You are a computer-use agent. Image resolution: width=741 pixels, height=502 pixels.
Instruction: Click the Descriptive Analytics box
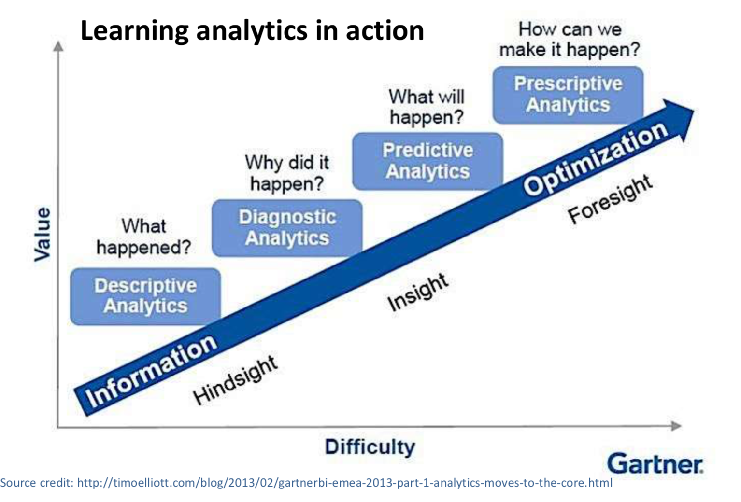click(x=145, y=296)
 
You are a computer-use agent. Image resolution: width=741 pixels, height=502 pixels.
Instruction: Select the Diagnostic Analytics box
click(x=287, y=228)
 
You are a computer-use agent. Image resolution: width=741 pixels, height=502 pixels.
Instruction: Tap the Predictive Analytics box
click(x=427, y=161)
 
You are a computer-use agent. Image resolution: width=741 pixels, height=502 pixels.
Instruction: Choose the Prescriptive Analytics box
click(x=568, y=95)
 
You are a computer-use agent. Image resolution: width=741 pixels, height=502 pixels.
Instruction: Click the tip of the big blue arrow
click(x=694, y=111)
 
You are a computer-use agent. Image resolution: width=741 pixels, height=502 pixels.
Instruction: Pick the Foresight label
click(x=610, y=199)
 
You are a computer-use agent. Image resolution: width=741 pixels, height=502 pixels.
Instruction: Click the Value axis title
click(x=43, y=234)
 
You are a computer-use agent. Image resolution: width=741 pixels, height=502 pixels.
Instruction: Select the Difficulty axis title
click(x=370, y=447)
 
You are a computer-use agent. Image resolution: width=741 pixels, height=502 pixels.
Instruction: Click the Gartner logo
click(x=655, y=463)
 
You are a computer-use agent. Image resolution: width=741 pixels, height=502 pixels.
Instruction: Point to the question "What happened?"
click(x=144, y=237)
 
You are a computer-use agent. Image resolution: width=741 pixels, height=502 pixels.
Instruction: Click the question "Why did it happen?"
click(x=287, y=173)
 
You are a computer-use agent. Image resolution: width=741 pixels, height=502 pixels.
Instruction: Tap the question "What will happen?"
click(x=427, y=107)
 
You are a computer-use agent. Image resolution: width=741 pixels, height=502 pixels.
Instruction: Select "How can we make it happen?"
click(x=570, y=40)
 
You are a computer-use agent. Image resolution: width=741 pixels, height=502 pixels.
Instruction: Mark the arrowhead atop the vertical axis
click(x=58, y=46)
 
